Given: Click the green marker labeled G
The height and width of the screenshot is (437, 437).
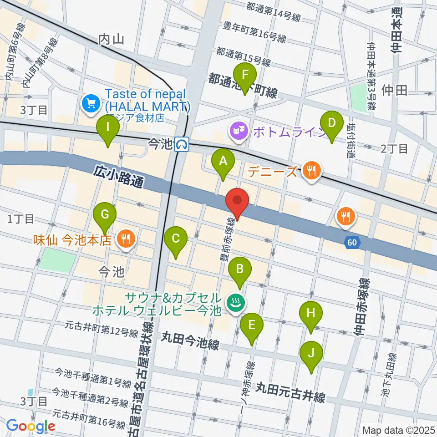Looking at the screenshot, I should tap(105, 214).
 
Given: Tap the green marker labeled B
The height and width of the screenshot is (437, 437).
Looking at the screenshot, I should tap(239, 270).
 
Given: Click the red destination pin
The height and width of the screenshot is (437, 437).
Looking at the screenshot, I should tap(237, 200).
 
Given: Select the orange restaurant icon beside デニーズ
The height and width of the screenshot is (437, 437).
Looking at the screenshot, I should tap(311, 171).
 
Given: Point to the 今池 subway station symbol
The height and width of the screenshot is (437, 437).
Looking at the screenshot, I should tap(182, 144).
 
